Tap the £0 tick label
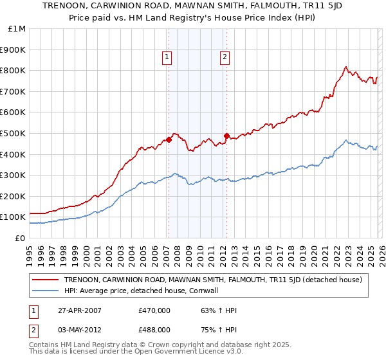point(20,238)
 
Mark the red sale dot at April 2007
point(169,139)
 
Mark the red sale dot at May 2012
point(226,136)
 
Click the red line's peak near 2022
point(346,66)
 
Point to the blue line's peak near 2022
point(346,140)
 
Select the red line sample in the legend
point(46,280)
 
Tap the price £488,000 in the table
point(154,329)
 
